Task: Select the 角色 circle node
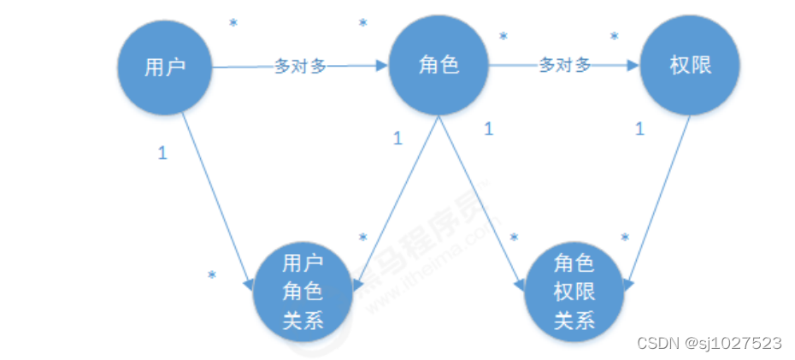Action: pos(439,66)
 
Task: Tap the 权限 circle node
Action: pos(689,66)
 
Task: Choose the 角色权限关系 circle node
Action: pos(574,292)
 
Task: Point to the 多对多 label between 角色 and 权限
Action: pos(564,66)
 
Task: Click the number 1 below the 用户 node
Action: pos(162,153)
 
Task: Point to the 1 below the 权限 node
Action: pos(639,129)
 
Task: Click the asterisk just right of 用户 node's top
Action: pos(233,23)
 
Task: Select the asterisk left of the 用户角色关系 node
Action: pos(211,276)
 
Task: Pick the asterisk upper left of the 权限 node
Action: pos(614,37)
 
